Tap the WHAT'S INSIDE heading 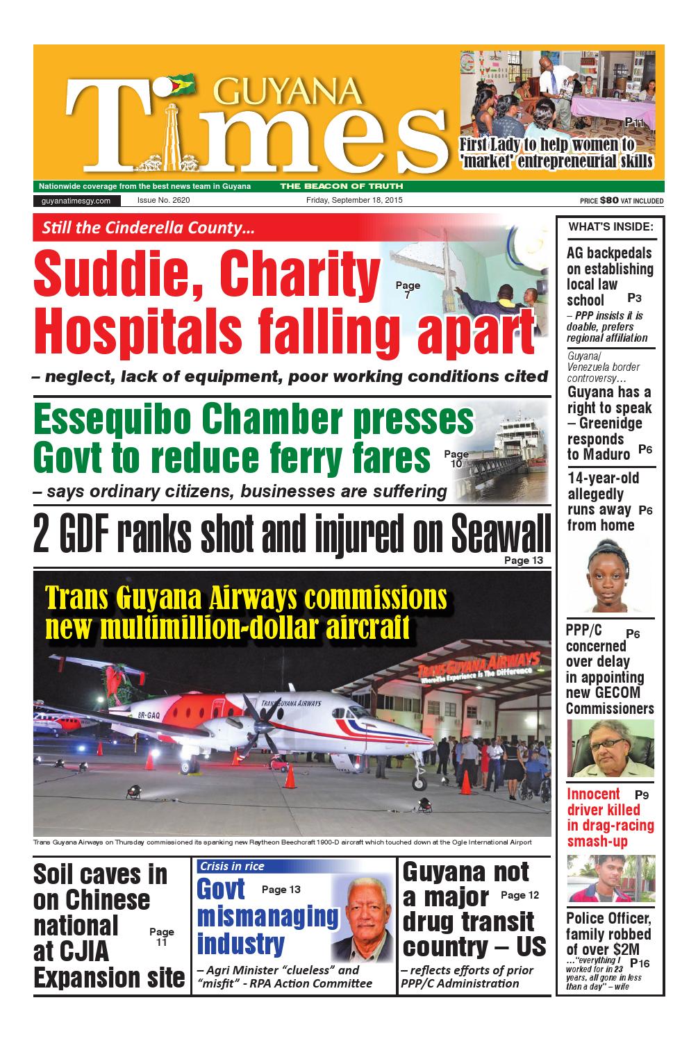610,226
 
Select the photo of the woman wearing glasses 609,748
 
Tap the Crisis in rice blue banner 232,866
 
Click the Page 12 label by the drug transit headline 520,895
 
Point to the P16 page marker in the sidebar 640,963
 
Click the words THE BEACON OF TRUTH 341,186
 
